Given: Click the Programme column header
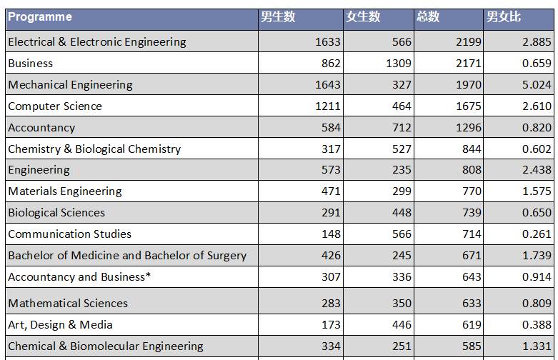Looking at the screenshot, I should click(x=40, y=17).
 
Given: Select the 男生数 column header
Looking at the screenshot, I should click(x=278, y=17).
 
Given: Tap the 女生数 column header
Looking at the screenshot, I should click(x=363, y=17).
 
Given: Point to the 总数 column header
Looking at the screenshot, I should click(x=428, y=17).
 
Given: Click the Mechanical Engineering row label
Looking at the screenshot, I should click(x=70, y=85).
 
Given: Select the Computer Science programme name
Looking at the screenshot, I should click(x=55, y=106).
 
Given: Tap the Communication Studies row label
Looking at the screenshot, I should click(x=70, y=234).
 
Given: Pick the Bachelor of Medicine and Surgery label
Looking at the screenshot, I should click(x=127, y=256).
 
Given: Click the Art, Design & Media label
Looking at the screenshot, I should click(x=61, y=325).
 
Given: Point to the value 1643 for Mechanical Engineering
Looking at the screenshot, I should click(x=328, y=85).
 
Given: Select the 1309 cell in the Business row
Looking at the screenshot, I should click(x=398, y=64).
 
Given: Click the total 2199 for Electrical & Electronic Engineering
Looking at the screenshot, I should click(x=468, y=42).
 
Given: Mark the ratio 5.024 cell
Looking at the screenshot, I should click(x=537, y=85).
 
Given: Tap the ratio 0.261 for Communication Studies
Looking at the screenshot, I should click(x=537, y=234).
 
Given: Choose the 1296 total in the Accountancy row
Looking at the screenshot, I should click(x=468, y=128).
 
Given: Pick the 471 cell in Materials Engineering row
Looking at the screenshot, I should click(x=332, y=191).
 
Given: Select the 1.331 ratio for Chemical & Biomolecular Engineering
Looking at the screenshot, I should click(x=537, y=346).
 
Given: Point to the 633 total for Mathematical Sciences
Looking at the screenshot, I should click(x=472, y=304).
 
